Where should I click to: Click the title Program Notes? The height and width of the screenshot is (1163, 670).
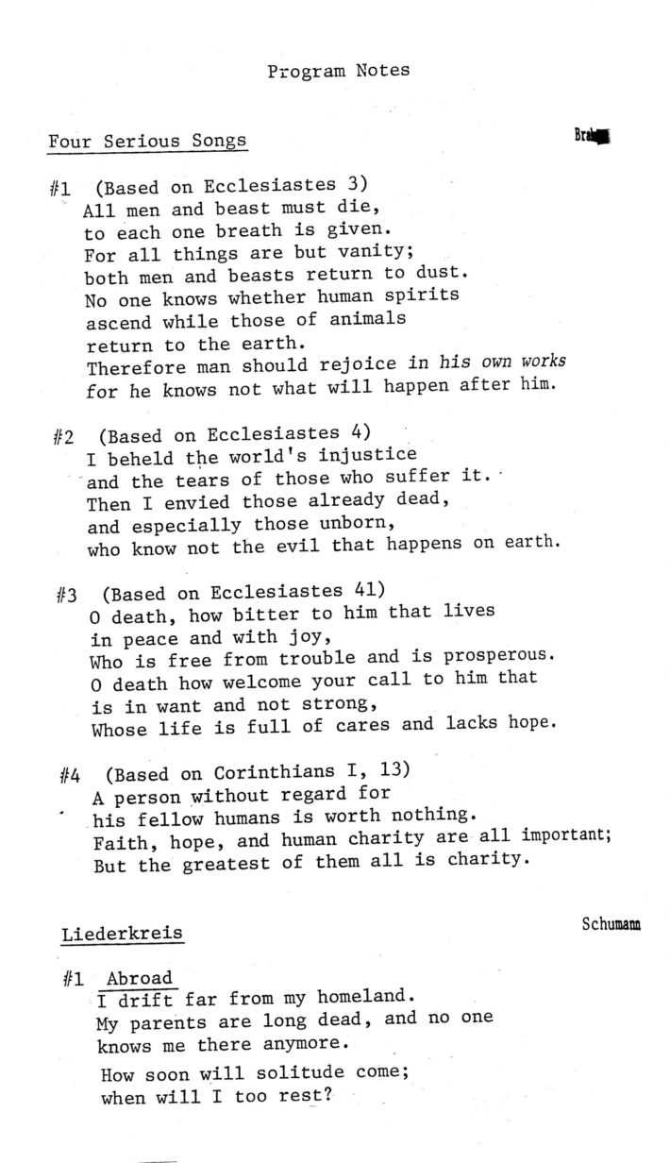tap(338, 71)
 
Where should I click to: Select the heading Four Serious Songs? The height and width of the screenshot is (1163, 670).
tap(147, 142)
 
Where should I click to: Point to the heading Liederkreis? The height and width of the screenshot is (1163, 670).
tap(123, 935)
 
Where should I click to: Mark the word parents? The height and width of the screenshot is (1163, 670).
tap(168, 1022)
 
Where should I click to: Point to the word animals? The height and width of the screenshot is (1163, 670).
tap(367, 319)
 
